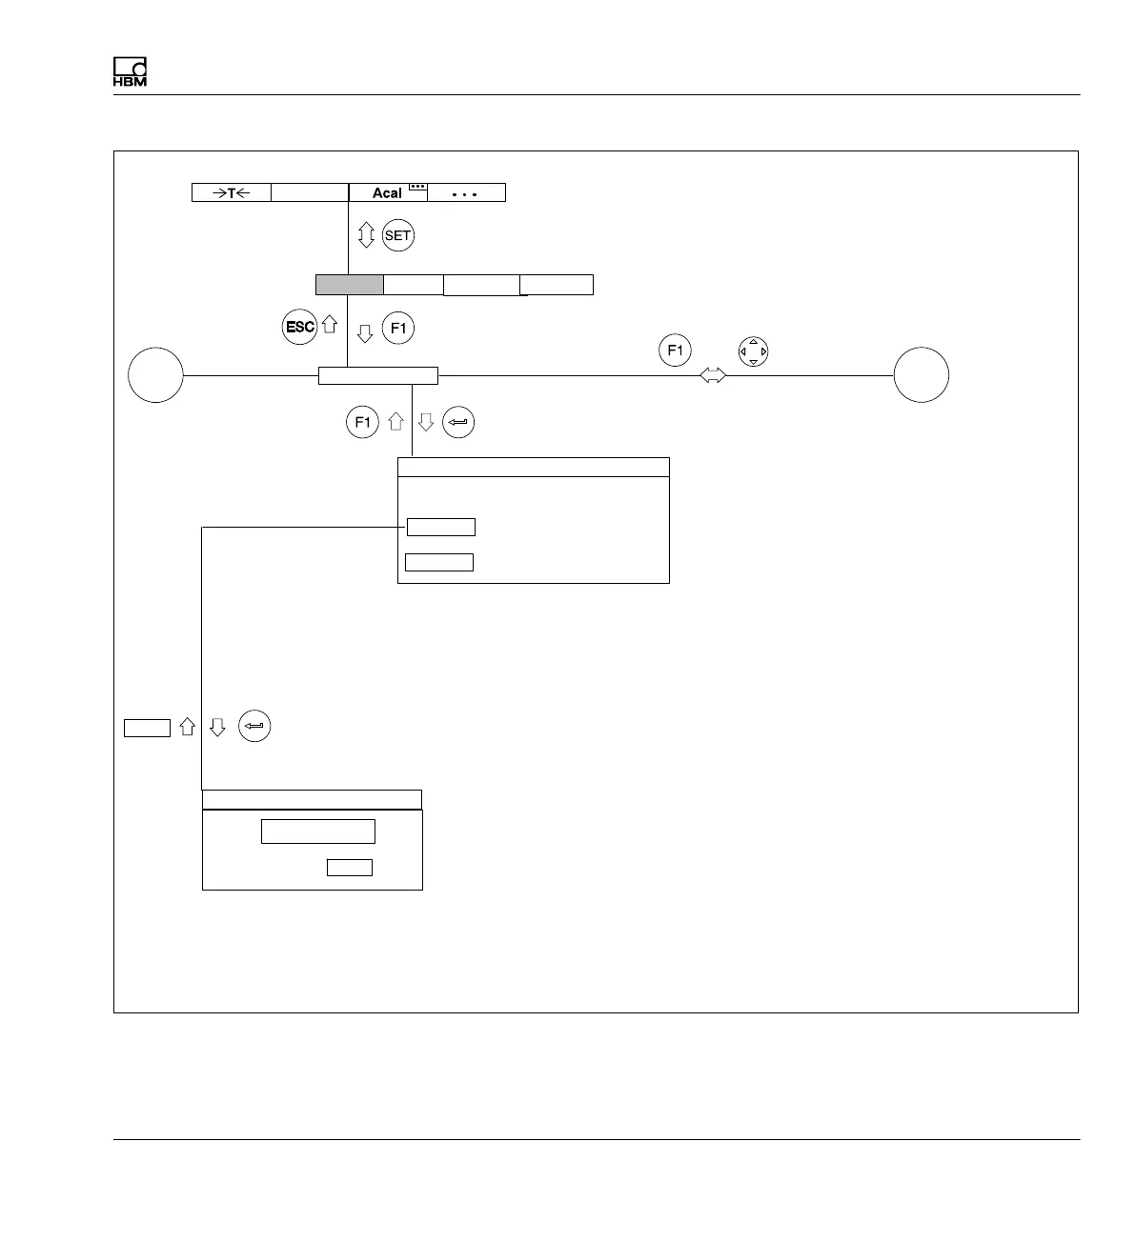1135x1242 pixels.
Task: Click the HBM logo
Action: click(x=130, y=73)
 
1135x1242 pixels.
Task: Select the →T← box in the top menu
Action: click(x=232, y=192)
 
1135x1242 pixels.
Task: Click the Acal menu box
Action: click(x=387, y=192)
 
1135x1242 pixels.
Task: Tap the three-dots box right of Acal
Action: click(x=466, y=192)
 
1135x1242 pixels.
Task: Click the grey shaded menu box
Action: click(x=350, y=284)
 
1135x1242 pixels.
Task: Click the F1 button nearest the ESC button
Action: click(x=398, y=330)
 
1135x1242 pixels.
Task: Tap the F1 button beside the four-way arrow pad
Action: click(x=675, y=351)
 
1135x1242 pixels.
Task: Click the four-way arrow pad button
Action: click(x=753, y=351)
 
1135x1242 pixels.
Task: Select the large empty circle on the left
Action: click(x=156, y=375)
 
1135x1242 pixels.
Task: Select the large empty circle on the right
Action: click(x=922, y=375)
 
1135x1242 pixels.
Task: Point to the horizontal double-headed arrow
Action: click(x=713, y=376)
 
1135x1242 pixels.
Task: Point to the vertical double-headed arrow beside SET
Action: click(x=366, y=235)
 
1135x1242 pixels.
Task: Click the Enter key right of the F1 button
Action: click(x=458, y=422)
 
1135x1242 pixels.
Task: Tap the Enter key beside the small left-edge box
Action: click(x=254, y=727)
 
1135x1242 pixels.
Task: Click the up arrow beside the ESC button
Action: click(x=330, y=325)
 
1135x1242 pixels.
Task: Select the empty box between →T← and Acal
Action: click(x=310, y=192)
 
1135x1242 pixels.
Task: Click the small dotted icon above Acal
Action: click(x=417, y=187)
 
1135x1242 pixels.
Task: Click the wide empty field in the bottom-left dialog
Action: click(x=318, y=831)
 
